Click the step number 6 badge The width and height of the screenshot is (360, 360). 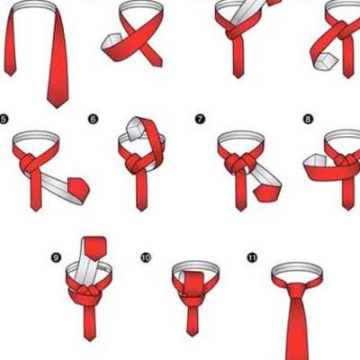[x=93, y=120]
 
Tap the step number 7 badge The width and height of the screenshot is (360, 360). [x=200, y=120]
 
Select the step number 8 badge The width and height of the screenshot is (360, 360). [x=308, y=120]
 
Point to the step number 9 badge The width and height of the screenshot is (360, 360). [x=56, y=257]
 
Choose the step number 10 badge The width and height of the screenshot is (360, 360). [x=146, y=257]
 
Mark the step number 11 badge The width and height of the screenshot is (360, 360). [x=252, y=257]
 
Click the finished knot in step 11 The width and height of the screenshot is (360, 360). [x=297, y=292]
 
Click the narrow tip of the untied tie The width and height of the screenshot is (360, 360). [x=10, y=75]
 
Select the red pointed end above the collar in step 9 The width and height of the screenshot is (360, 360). [x=94, y=247]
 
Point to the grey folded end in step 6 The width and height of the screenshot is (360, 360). [x=134, y=128]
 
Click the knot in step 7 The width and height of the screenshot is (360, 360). [x=240, y=164]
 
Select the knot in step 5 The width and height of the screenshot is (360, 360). [x=30, y=163]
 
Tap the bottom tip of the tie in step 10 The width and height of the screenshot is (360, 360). [x=191, y=335]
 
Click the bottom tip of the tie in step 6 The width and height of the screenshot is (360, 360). [x=141, y=210]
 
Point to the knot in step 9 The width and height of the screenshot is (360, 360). [x=85, y=292]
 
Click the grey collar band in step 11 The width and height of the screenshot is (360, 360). [x=297, y=266]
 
